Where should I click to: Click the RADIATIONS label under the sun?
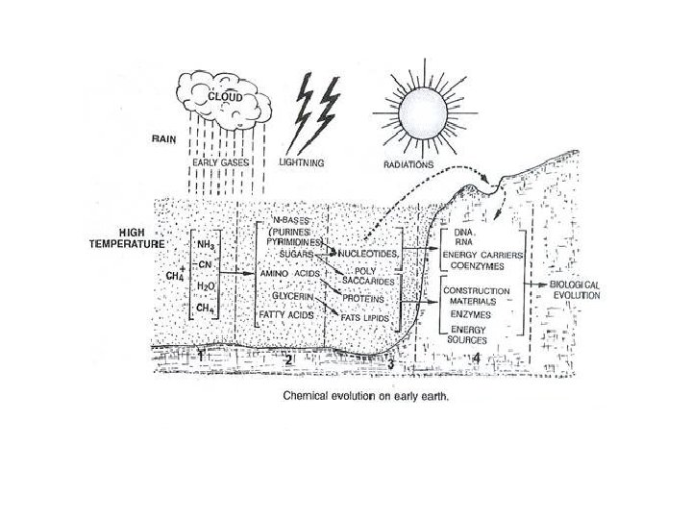pos(411,164)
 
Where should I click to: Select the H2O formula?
pos(205,285)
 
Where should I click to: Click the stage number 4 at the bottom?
pos(478,358)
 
